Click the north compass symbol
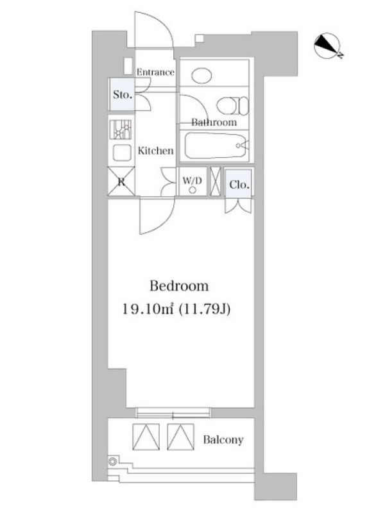click(x=328, y=46)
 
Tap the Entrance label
click(x=155, y=72)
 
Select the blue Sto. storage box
click(x=122, y=94)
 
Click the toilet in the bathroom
click(x=232, y=105)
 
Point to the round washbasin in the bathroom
click(x=201, y=76)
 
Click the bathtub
click(x=216, y=146)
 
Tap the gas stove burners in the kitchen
click(x=121, y=130)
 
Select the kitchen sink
click(x=122, y=153)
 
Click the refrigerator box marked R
click(x=121, y=181)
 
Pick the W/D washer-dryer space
click(x=193, y=181)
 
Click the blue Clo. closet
click(x=239, y=183)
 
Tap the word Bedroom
click(x=179, y=286)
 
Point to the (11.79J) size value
click(x=204, y=309)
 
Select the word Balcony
click(x=223, y=440)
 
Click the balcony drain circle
click(x=113, y=461)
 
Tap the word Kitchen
click(x=155, y=151)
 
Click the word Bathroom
click(x=214, y=122)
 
